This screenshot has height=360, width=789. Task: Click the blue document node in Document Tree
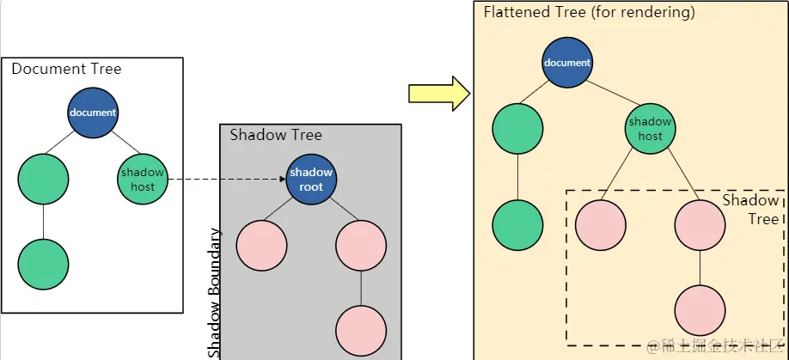pos(93,113)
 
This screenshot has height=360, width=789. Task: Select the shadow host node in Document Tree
pos(142,179)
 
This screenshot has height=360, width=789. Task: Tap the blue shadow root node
pos(311,180)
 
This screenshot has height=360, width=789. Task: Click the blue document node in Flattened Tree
pos(566,63)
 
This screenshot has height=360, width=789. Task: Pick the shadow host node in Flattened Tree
pos(651,128)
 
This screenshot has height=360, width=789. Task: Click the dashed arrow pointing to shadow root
pos(225,180)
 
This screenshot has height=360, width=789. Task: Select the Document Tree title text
pos(66,69)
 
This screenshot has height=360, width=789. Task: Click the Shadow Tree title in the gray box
pos(276,135)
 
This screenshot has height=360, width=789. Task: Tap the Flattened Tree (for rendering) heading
pos(589,13)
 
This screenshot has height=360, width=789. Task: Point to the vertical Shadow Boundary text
pos(214,292)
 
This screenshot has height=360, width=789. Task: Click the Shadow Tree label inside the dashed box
pos(750,210)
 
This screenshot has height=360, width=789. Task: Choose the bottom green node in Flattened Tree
pos(517,225)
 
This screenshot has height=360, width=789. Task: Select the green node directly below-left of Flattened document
pos(517,130)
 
